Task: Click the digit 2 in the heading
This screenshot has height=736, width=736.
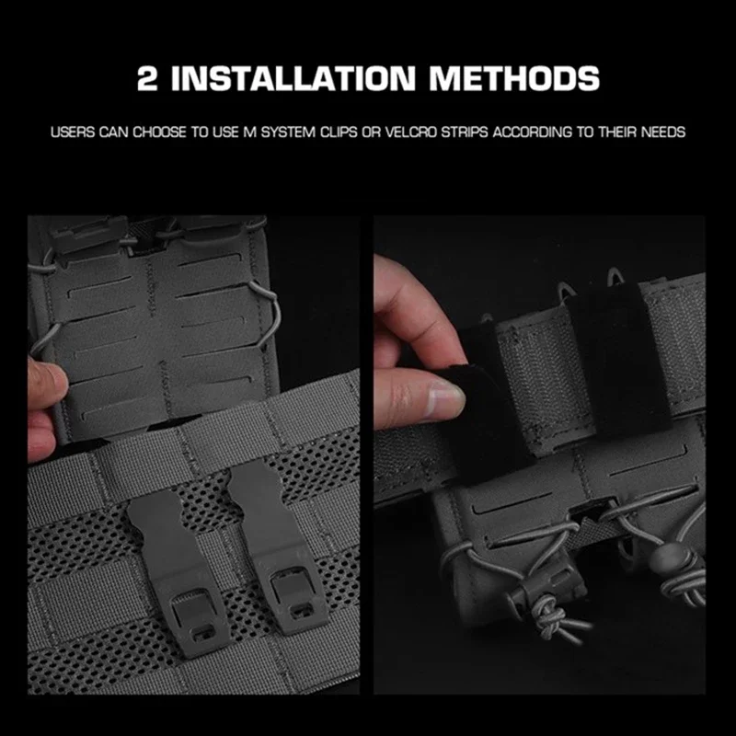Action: click(x=147, y=78)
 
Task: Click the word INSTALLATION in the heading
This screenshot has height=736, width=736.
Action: click(x=293, y=78)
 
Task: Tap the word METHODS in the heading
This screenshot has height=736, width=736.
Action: click(x=514, y=78)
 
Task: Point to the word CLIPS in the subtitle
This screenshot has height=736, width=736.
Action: click(x=339, y=132)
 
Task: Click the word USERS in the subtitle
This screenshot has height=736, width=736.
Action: click(x=73, y=132)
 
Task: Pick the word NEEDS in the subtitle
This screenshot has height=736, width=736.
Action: click(x=663, y=132)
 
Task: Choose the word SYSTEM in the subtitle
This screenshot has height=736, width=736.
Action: click(x=288, y=132)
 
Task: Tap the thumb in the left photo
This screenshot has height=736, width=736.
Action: click(x=47, y=382)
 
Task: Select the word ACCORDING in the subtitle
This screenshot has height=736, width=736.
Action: click(x=533, y=132)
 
